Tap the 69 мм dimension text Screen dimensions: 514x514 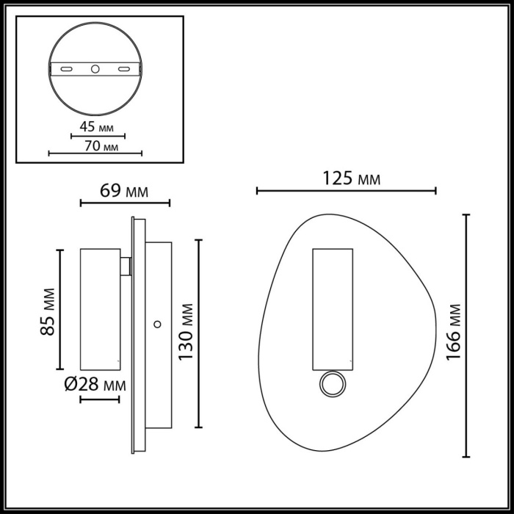124,192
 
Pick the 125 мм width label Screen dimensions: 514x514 347,178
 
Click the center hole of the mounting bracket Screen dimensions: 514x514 95,69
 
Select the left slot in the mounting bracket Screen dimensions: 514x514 66,69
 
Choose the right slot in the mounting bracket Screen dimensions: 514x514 123,69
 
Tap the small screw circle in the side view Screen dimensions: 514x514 156,324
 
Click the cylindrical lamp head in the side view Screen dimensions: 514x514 99,308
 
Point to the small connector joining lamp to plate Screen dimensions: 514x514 127,266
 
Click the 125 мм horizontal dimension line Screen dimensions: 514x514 347,191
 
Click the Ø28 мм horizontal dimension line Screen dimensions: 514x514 99,399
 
